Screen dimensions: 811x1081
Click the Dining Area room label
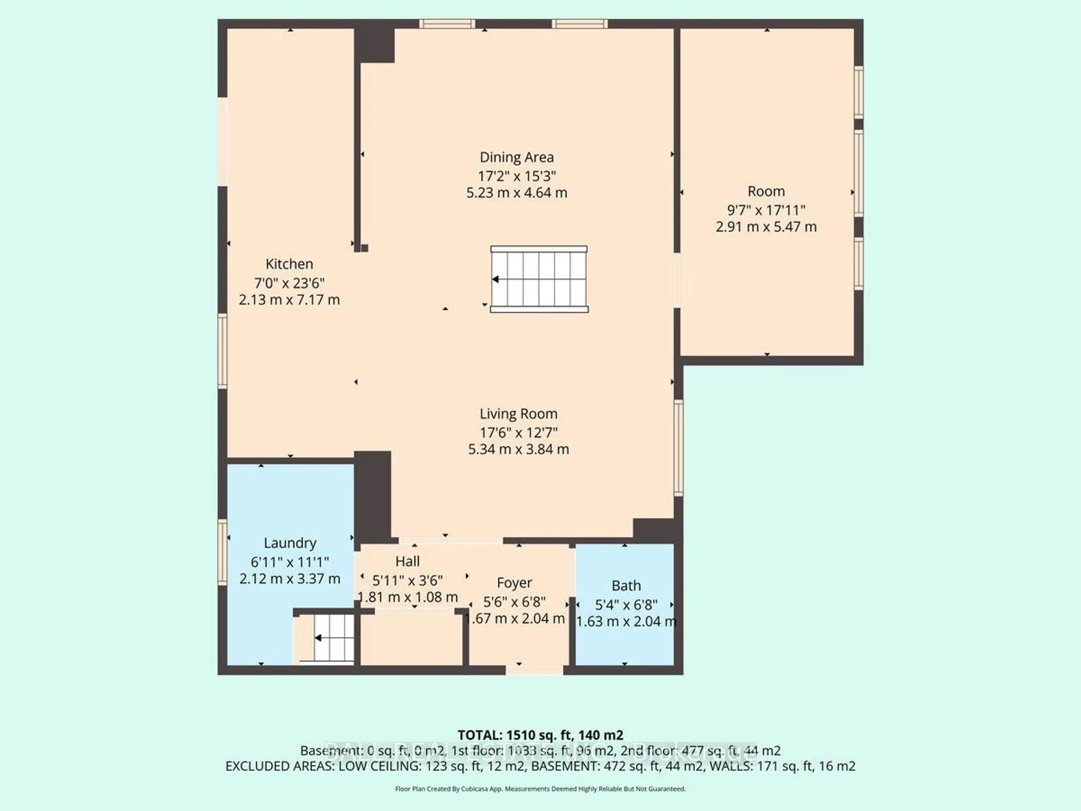(517, 157)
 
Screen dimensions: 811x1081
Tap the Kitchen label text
(289, 264)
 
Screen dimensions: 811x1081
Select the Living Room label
(518, 414)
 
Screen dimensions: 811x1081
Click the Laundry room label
(290, 543)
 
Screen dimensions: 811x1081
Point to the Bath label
(626, 586)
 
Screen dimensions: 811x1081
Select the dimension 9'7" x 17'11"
(766, 210)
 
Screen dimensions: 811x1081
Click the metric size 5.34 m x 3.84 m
(518, 449)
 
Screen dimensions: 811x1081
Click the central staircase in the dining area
(539, 279)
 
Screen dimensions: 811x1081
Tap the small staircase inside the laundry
(332, 638)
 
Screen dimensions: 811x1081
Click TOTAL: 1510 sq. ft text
(540, 735)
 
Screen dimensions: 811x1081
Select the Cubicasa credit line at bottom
(540, 788)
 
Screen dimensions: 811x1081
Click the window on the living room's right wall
(678, 447)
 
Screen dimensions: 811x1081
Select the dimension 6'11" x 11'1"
(290, 562)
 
